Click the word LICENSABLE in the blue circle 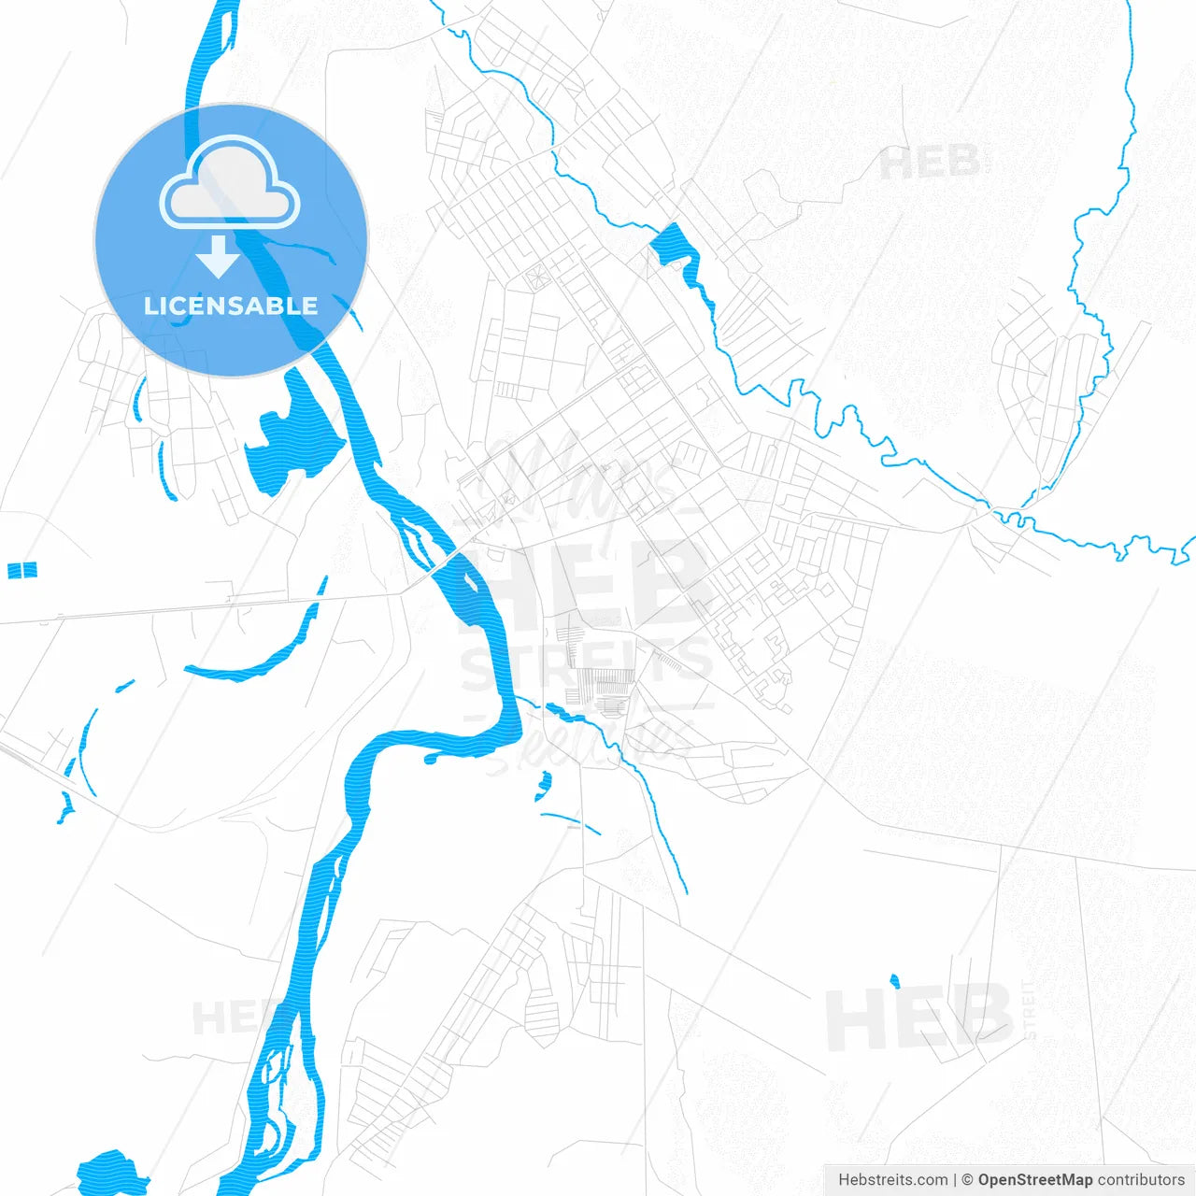(231, 306)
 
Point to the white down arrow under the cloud (219, 256)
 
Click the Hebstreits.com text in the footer (892, 1180)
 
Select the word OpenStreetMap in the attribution (1034, 1180)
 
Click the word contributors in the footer (1141, 1180)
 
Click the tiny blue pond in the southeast (894, 981)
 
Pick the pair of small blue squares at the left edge (21, 570)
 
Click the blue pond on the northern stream (671, 245)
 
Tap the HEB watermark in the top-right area (930, 164)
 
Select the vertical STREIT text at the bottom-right (1030, 1009)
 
